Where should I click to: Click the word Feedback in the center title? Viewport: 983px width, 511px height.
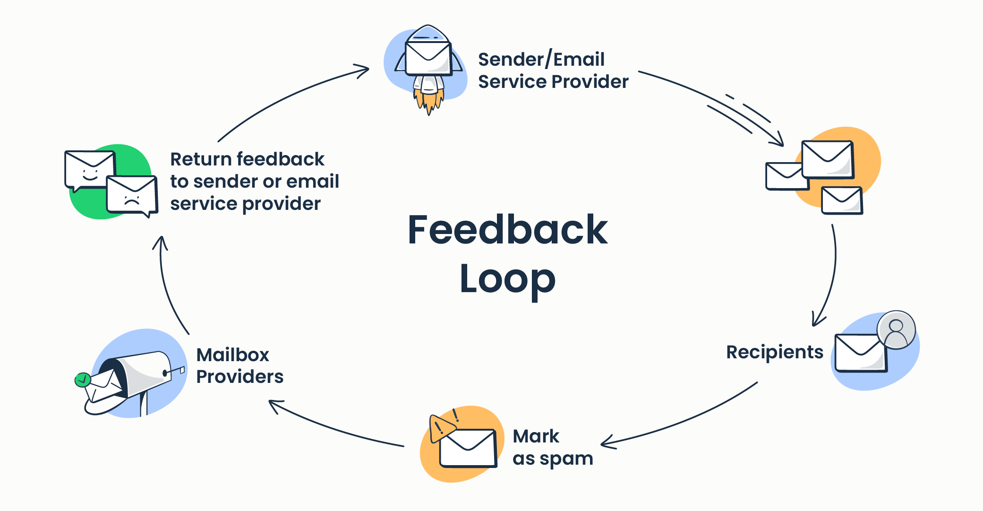click(508, 230)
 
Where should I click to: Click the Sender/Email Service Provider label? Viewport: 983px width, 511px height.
click(553, 71)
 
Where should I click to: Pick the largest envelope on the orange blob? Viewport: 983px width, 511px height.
click(828, 160)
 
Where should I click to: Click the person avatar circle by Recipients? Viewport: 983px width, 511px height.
click(896, 330)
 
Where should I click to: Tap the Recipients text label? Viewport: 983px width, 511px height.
click(774, 352)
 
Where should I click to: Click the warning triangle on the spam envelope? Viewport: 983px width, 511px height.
click(440, 427)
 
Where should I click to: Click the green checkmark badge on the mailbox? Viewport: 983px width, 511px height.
click(83, 380)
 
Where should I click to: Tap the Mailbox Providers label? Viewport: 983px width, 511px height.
click(239, 366)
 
